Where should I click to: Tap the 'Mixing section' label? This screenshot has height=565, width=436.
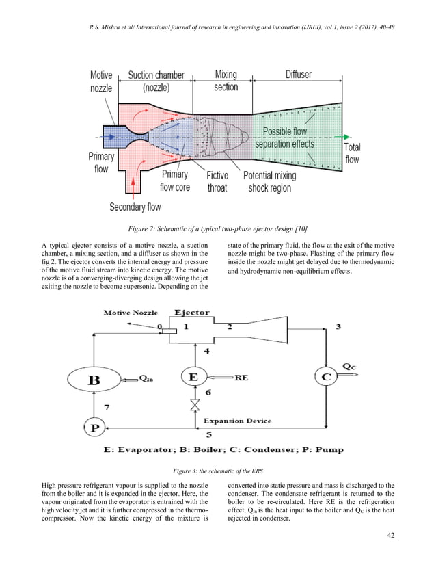[226, 81]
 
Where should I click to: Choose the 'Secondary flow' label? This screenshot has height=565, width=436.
[135, 206]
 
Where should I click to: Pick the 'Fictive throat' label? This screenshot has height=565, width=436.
[217, 181]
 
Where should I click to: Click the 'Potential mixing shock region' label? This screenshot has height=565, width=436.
[270, 181]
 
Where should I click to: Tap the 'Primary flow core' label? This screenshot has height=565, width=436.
[175, 181]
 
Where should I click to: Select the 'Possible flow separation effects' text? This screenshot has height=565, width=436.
[284, 137]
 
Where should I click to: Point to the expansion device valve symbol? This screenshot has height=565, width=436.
[195, 408]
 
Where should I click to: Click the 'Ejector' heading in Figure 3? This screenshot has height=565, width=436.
[192, 313]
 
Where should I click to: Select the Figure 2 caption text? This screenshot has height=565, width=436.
[217, 227]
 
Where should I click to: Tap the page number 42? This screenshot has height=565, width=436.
[390, 535]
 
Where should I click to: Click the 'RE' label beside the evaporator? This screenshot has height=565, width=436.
[242, 377]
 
